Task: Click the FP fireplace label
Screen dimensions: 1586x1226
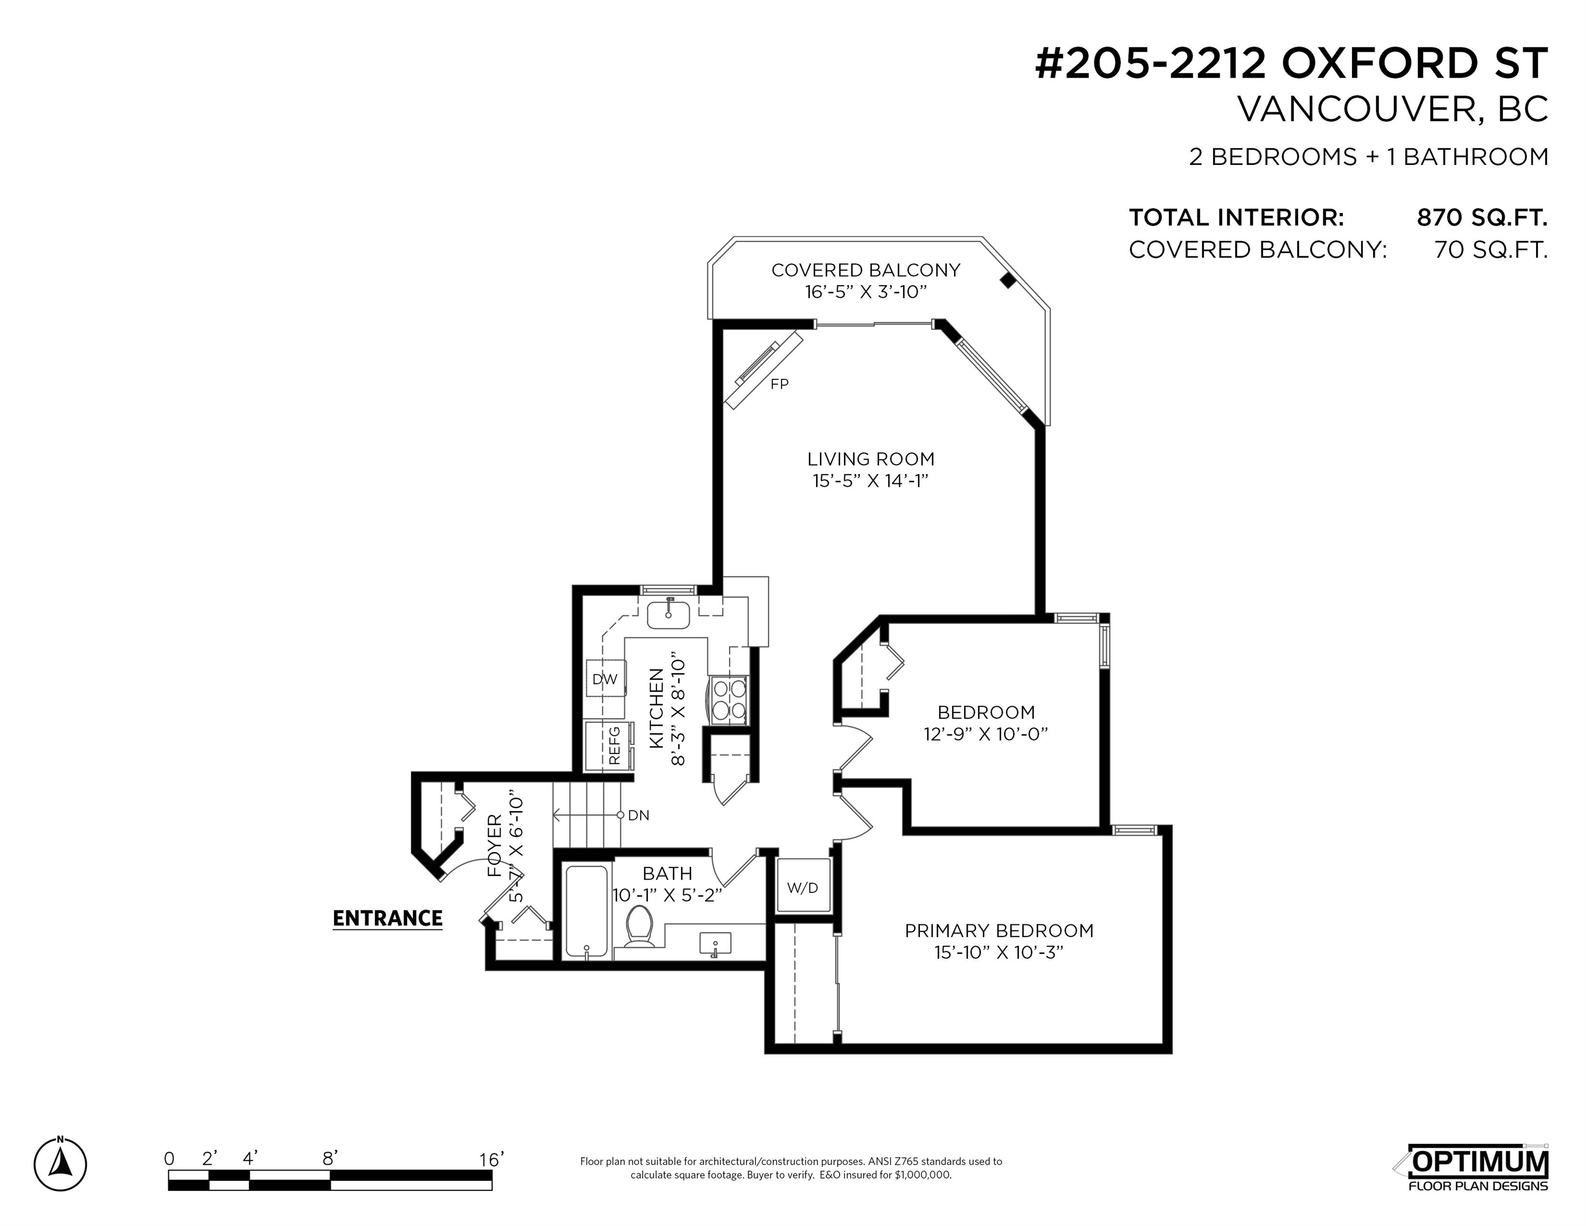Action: [x=779, y=384]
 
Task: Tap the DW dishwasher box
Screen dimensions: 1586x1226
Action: [x=605, y=678]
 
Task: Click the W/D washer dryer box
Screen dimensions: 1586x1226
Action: [x=802, y=885]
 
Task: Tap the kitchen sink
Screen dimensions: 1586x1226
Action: [x=669, y=614]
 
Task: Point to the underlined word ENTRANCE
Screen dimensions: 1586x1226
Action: [x=387, y=919]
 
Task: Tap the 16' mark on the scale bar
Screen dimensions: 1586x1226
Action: [x=492, y=1159]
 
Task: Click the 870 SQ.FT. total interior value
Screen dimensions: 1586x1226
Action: [x=1482, y=217]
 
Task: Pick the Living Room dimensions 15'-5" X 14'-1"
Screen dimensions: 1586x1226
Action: [x=871, y=481]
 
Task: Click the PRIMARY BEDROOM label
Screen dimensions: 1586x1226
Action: [x=999, y=930]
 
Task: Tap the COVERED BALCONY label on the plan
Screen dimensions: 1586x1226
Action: [x=866, y=270]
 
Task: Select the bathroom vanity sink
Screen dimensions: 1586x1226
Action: [x=715, y=943]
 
